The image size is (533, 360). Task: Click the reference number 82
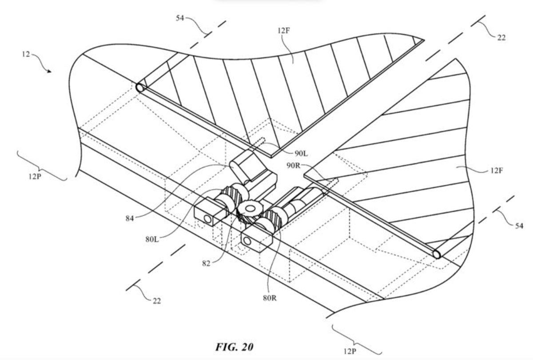click(206, 263)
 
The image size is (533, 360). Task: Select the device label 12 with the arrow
click(25, 55)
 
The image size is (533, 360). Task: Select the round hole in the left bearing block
click(207, 218)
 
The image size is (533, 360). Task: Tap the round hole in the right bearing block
click(247, 241)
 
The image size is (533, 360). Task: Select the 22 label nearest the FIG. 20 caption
click(156, 301)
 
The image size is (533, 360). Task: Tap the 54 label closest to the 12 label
click(179, 18)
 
